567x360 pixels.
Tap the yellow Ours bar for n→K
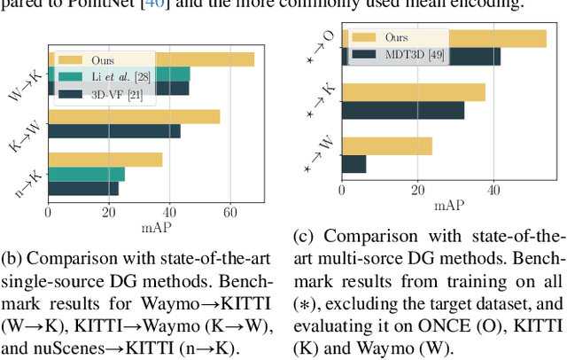105,160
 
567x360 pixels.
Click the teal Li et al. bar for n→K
86,174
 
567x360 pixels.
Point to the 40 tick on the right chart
493,189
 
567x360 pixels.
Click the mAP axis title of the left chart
159,227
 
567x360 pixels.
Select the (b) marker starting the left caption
13,260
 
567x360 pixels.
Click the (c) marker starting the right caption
304,236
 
